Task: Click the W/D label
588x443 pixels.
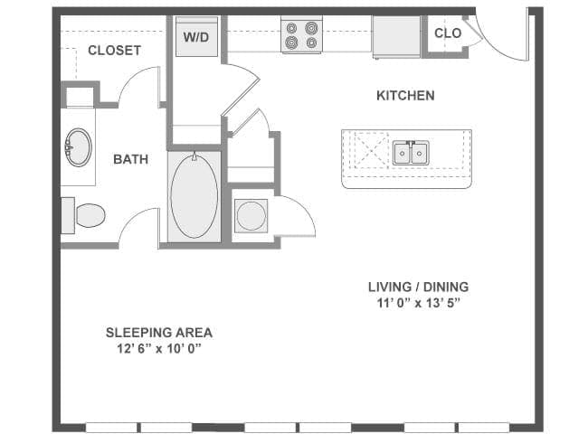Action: (196, 37)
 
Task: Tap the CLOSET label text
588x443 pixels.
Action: (114, 51)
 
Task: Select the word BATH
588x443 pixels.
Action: (130, 159)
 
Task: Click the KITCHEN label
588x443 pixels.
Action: (405, 96)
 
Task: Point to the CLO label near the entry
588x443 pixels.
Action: (448, 33)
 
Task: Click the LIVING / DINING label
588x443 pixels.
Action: (418, 287)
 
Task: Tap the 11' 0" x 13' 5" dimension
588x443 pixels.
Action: (418, 303)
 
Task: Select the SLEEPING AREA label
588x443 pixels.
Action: (159, 333)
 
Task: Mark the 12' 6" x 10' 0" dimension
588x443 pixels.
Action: (159, 349)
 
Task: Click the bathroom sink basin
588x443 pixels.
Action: (79, 147)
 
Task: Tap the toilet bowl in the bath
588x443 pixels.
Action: (90, 215)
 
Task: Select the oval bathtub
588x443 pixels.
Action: (194, 195)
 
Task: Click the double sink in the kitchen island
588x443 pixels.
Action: (411, 153)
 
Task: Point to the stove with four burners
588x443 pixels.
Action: (301, 35)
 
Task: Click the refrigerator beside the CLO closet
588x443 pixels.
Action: (396, 36)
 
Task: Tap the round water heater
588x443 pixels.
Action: (251, 216)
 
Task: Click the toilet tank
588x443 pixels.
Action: (68, 216)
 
